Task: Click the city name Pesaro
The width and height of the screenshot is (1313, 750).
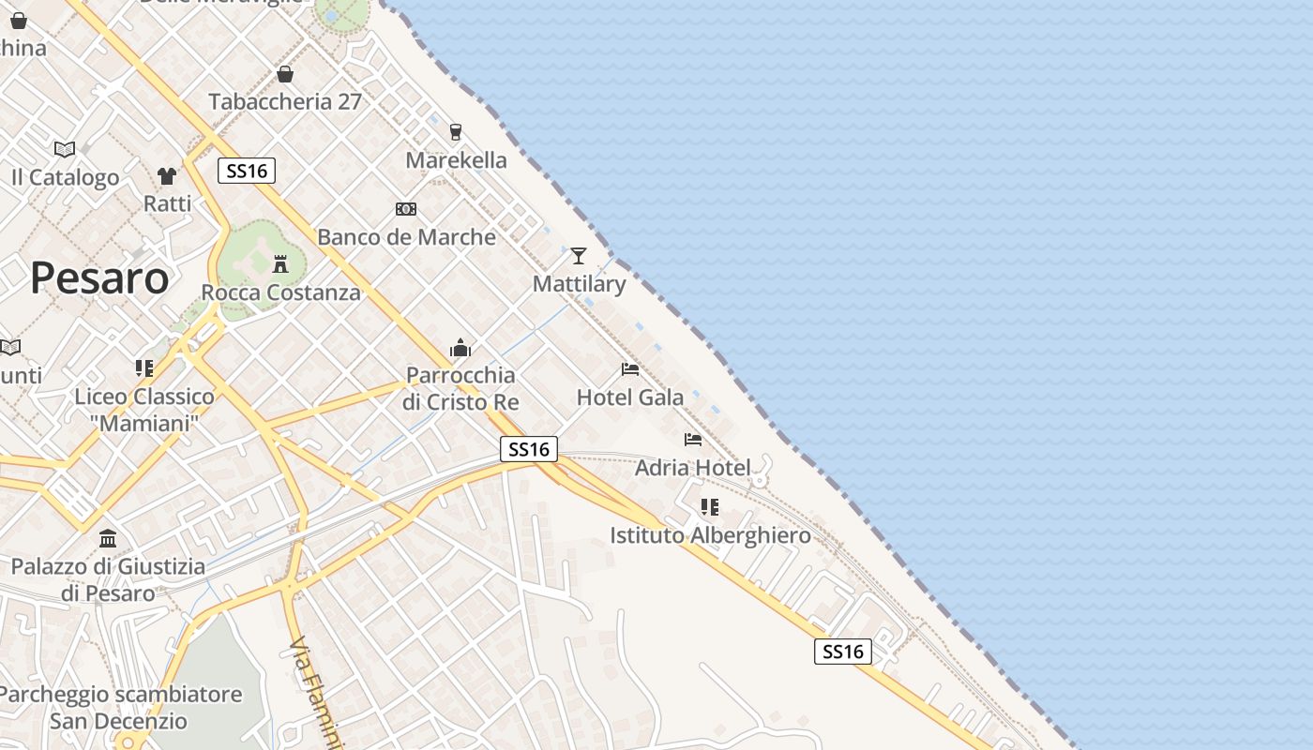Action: click(x=99, y=278)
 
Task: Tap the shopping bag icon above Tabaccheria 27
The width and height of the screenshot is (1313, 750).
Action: click(x=285, y=74)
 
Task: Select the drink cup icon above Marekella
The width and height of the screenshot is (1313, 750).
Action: click(x=456, y=132)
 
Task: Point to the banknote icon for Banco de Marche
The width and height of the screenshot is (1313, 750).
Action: click(x=406, y=209)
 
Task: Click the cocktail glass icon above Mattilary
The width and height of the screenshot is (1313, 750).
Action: click(x=579, y=255)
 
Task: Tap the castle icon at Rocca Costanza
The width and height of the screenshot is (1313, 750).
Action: click(x=280, y=263)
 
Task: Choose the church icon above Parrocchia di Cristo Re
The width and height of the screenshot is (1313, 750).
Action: click(x=460, y=349)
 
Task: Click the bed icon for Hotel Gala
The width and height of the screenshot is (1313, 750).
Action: click(x=630, y=369)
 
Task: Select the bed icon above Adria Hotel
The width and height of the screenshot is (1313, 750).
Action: click(x=693, y=439)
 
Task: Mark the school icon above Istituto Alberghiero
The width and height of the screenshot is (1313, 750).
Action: click(x=710, y=507)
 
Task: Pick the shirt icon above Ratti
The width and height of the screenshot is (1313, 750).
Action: click(x=167, y=175)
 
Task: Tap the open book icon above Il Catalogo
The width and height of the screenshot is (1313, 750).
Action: click(x=65, y=149)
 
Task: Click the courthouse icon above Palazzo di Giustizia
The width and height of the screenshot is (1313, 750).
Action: click(x=108, y=539)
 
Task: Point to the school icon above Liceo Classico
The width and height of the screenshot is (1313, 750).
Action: click(x=144, y=368)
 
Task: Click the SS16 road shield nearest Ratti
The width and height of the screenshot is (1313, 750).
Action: click(x=247, y=171)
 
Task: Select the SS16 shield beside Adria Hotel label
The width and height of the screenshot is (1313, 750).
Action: click(x=529, y=449)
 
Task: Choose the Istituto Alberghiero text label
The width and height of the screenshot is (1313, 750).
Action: click(x=710, y=535)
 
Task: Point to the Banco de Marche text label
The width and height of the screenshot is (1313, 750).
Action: click(x=406, y=237)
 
